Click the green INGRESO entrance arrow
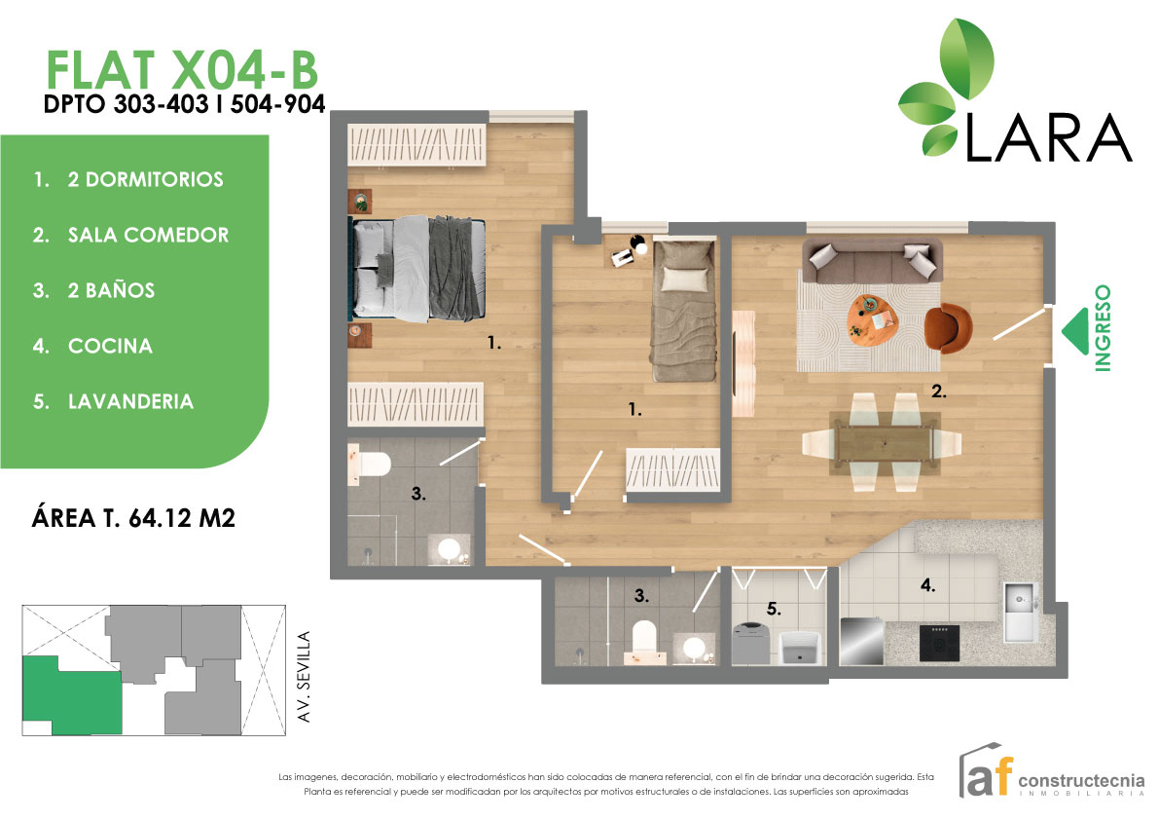click(1075, 329)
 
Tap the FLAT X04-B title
click(182, 70)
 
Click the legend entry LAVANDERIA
click(130, 401)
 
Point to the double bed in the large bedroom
click(418, 269)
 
